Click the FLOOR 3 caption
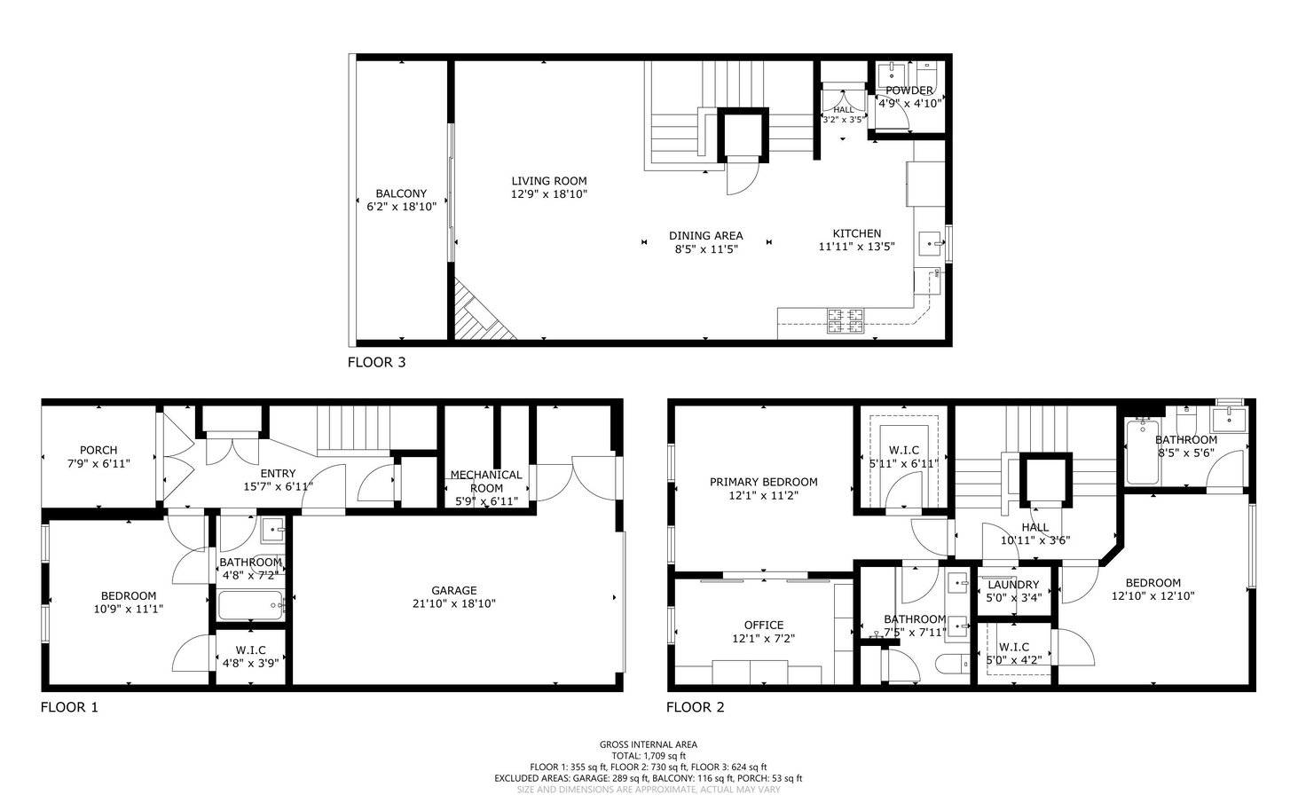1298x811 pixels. coord(377,362)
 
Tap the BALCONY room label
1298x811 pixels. coord(401,193)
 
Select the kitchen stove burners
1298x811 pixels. coord(846,321)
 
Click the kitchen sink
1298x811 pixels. coord(930,244)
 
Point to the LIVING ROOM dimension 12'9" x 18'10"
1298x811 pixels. coord(549,194)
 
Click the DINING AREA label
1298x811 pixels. coord(706,235)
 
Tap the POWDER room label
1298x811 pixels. coord(909,91)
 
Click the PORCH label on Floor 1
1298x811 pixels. coord(98,450)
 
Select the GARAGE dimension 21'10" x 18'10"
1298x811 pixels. coord(454,603)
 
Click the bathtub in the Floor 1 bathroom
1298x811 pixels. coord(250,605)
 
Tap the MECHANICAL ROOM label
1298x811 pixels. coord(486,481)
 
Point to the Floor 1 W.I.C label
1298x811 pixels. coord(250,650)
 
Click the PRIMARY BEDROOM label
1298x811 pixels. coord(764,482)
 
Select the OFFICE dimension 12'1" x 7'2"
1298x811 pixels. coord(764,638)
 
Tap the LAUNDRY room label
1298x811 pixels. coord(1013,585)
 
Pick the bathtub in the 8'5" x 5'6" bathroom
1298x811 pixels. coord(1143,452)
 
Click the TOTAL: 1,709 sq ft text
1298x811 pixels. coord(649,756)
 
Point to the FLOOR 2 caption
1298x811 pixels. coord(696,707)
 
